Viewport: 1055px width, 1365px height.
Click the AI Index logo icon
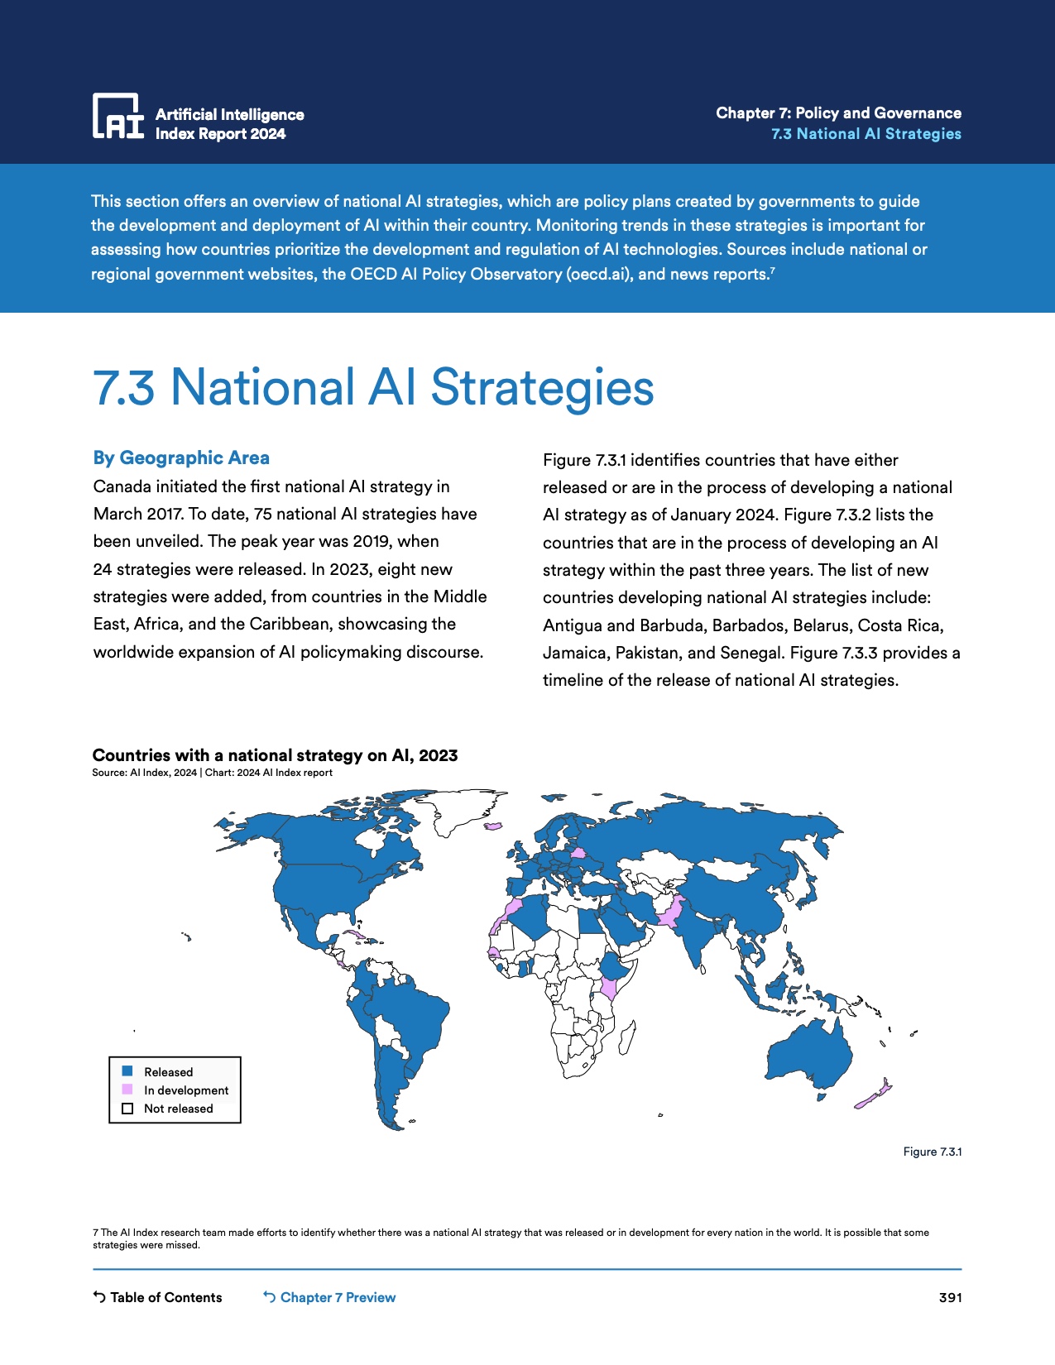(117, 116)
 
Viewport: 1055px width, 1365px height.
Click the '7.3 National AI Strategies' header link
(866, 134)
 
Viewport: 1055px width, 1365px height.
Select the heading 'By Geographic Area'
(181, 457)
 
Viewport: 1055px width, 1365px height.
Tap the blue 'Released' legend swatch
(127, 1071)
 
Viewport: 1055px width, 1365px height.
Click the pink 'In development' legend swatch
(127, 1090)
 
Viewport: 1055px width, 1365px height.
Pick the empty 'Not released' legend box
(127, 1109)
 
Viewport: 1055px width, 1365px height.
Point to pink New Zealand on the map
(874, 1094)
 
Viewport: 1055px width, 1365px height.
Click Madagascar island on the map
(626, 1038)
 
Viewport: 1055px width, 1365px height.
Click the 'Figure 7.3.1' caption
(932, 1152)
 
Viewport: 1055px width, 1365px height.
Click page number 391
(950, 1297)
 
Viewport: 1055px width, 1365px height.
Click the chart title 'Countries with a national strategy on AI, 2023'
(275, 755)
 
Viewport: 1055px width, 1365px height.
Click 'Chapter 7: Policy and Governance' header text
(838, 113)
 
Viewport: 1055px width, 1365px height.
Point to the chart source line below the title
(212, 773)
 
